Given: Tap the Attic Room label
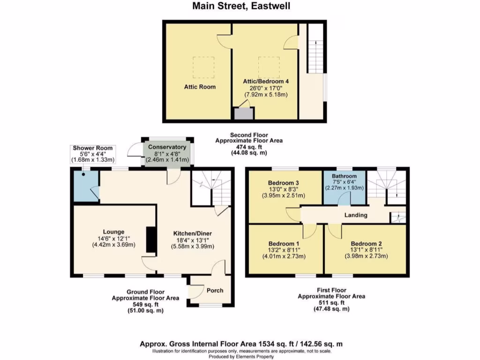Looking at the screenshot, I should coord(200,87).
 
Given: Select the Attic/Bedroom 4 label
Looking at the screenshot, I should coord(265,81).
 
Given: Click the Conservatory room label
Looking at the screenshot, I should coord(167,147).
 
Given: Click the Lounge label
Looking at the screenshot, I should coord(114,232).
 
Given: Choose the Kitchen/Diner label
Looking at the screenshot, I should coord(193,233).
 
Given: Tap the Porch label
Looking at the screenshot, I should coord(215,290).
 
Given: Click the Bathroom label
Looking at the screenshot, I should coord(344,176).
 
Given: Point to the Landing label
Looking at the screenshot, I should coord(355,215).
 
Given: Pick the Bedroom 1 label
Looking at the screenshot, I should coord(284,244).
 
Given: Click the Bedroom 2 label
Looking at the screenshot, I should coord(366,244).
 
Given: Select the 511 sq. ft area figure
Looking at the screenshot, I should coord(331,303).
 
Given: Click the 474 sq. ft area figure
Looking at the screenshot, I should coord(249,147).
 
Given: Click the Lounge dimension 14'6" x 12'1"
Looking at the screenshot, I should coord(113,238).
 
